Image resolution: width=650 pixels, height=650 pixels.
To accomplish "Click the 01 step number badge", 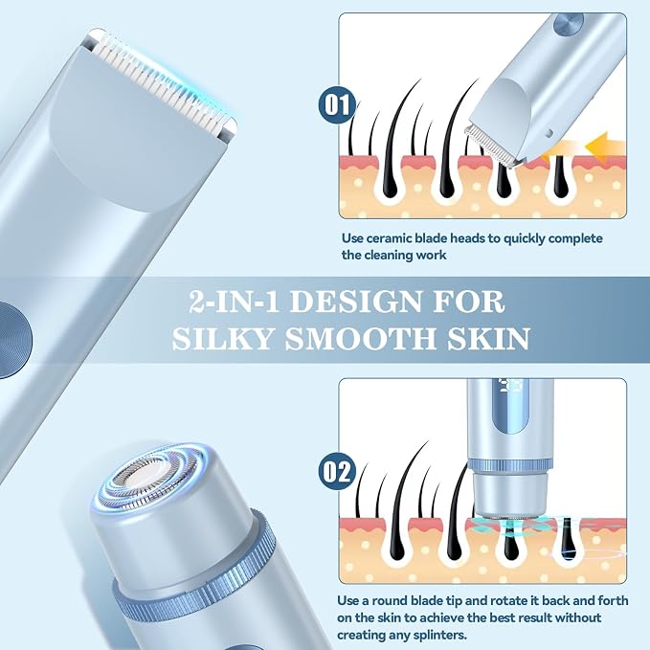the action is (x=336, y=105).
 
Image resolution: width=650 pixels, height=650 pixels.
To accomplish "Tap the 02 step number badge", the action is (x=336, y=472).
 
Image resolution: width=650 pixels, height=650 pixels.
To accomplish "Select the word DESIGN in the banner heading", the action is (x=356, y=303).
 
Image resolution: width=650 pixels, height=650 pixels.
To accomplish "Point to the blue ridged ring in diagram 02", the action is (x=511, y=467).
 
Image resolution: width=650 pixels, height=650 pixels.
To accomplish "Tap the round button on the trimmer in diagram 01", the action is (x=569, y=24).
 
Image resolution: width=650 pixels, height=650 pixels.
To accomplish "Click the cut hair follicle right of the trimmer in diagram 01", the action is (x=559, y=177).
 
